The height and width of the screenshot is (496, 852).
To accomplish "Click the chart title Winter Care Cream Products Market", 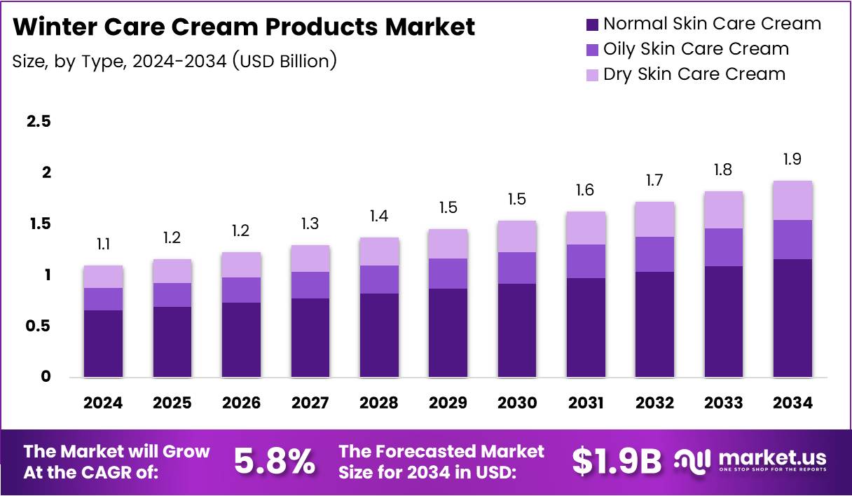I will click(244, 27).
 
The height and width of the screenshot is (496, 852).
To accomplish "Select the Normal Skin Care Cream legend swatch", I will click(592, 25).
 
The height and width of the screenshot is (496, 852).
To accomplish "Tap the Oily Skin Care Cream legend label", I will click(696, 49).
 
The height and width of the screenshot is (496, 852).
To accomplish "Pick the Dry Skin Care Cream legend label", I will click(694, 74).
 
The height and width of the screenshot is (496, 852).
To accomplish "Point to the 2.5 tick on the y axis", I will click(39, 122).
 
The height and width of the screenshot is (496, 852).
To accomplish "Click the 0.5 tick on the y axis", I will click(39, 326).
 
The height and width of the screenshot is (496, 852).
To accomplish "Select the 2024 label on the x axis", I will click(103, 403).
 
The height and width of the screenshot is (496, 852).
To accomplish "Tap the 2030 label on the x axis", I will click(517, 403).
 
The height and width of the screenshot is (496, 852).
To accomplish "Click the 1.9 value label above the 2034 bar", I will click(792, 160).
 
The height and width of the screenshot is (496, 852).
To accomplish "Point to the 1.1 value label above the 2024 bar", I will click(103, 244).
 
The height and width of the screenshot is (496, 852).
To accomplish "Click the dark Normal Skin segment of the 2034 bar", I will click(792, 318).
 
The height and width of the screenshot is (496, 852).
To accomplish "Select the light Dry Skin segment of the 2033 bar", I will click(724, 209).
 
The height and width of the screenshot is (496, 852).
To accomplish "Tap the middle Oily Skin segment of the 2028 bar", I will click(379, 280).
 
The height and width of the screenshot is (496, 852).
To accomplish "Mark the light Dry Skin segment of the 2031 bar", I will click(586, 228).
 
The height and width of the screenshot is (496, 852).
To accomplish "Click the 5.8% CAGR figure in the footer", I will click(274, 461).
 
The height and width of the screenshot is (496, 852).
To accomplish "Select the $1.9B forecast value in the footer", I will click(616, 461).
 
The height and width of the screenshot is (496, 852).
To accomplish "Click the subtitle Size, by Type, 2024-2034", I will click(174, 61).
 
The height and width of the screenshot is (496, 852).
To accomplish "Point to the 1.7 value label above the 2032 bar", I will click(654, 181).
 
